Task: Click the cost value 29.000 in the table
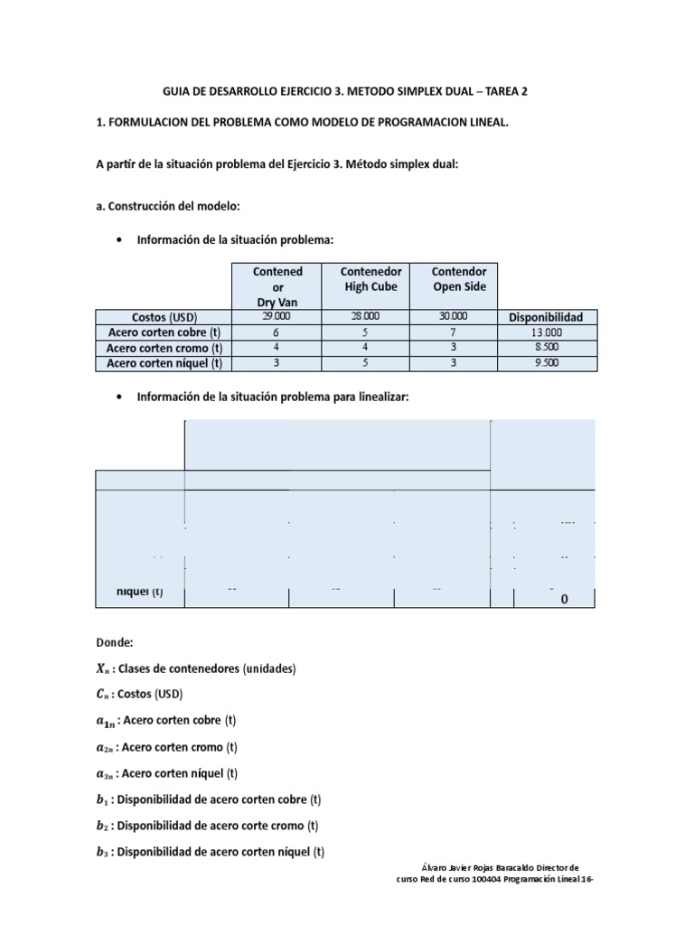coord(277,317)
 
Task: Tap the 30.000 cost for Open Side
coord(454,317)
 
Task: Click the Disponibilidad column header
coord(546,317)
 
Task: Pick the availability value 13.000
coord(546,332)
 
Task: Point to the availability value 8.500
coord(546,348)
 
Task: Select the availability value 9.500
coord(546,363)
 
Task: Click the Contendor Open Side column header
coord(459,279)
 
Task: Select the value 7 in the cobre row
coord(454,332)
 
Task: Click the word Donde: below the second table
coord(115,643)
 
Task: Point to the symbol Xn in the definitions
coord(105,669)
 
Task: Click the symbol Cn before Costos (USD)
coord(105,695)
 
